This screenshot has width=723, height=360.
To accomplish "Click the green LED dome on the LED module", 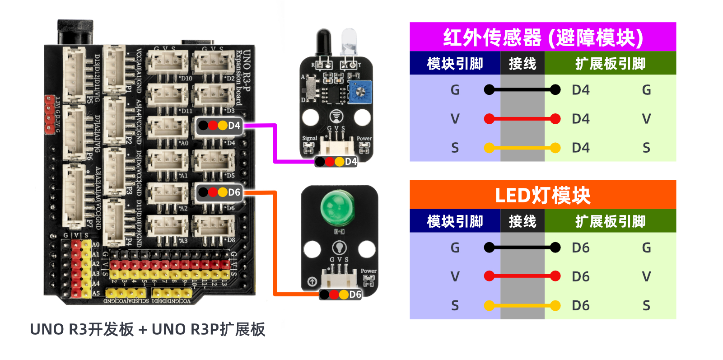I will click(x=339, y=208).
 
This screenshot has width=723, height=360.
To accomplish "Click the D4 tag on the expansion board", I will click(x=219, y=126).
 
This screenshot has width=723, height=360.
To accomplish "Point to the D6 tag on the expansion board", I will click(x=219, y=192).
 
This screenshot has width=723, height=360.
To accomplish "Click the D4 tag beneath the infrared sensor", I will click(x=336, y=161).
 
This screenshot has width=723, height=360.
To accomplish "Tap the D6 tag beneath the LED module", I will click(x=341, y=295).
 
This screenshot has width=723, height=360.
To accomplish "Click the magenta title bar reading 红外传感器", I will click(x=542, y=37).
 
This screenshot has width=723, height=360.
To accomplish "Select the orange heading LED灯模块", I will click(x=542, y=195).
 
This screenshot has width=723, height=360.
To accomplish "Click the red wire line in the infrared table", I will click(x=522, y=119).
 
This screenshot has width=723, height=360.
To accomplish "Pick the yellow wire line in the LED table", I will click(x=522, y=306).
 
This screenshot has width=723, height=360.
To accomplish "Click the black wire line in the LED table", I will click(x=522, y=248).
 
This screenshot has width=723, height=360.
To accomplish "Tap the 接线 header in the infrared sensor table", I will click(x=522, y=64).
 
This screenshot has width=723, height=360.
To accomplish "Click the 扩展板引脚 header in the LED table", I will click(x=610, y=221).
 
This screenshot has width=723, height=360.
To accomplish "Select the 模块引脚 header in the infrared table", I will click(x=455, y=64).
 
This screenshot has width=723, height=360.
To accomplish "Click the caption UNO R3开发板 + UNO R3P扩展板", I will click(x=147, y=329).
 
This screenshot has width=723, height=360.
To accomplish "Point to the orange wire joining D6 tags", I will click(x=275, y=244).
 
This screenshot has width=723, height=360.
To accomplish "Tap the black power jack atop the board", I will click(x=75, y=32).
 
